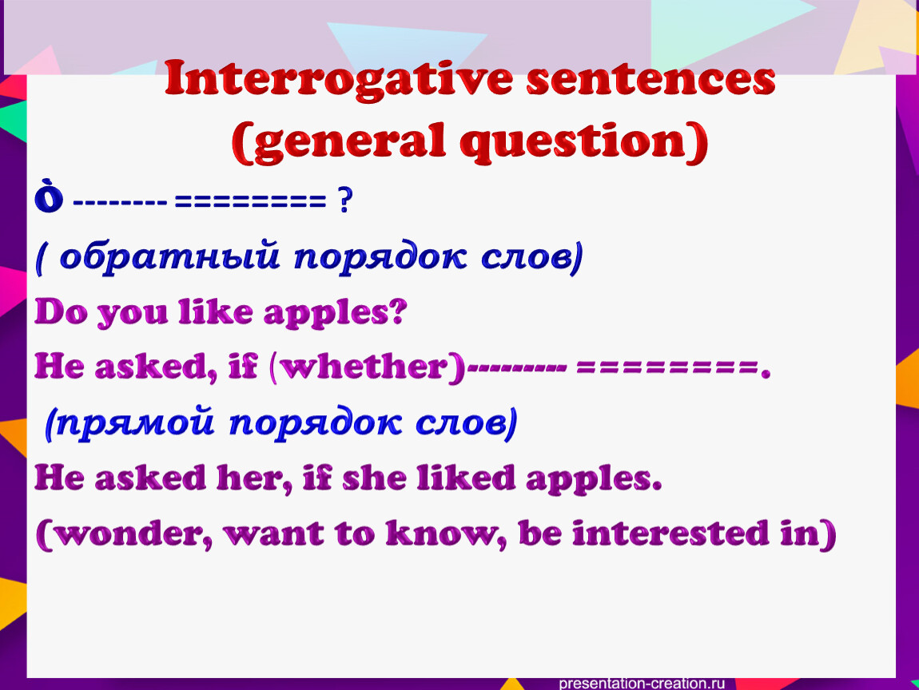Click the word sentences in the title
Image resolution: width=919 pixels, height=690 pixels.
(650, 80)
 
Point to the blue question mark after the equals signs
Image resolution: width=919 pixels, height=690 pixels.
(345, 201)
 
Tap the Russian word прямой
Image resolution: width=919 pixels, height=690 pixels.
(135, 422)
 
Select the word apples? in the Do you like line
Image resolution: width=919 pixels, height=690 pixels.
(335, 313)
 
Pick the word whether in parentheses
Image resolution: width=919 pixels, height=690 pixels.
(364, 367)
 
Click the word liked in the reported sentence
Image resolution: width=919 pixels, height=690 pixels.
(466, 478)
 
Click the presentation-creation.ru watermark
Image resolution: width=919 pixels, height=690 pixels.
(642, 683)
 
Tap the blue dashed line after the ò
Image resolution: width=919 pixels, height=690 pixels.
(120, 203)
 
